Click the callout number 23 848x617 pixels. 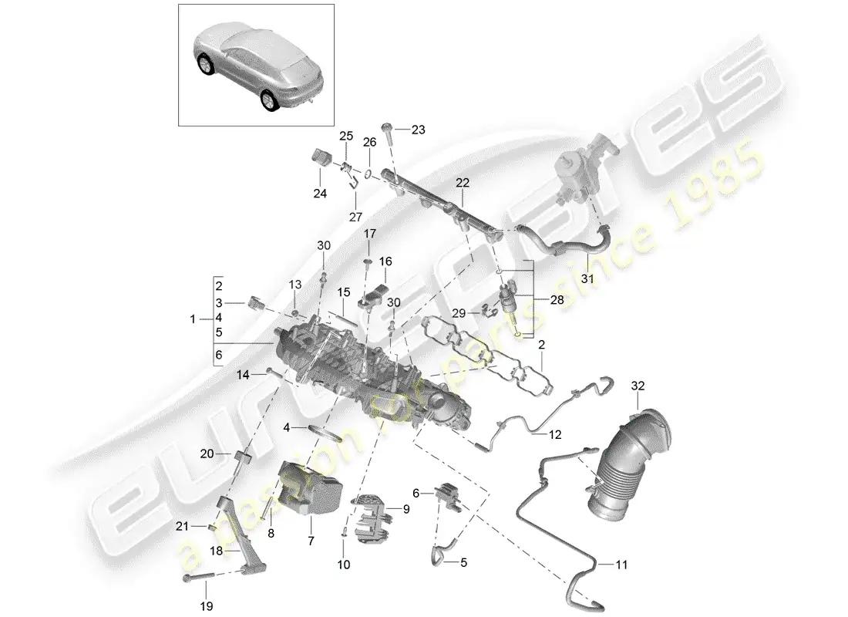tap(418, 130)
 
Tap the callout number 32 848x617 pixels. tap(639, 385)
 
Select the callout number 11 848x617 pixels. tap(621, 565)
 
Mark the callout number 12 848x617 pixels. tap(557, 434)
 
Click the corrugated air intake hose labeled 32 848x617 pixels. tap(628, 463)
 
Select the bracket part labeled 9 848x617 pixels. tap(375, 512)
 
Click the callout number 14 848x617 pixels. tap(244, 375)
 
